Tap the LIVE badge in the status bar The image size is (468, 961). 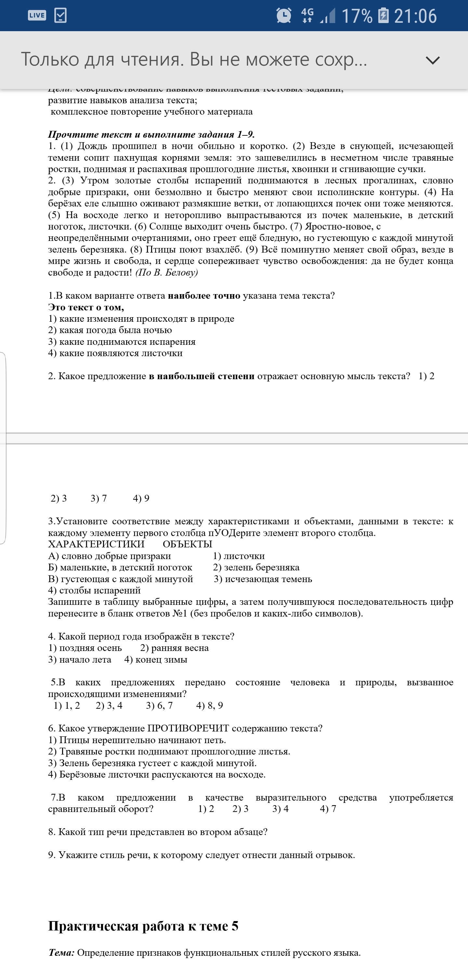point(37,15)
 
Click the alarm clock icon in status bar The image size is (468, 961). point(283,16)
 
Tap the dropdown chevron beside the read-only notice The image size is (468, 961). point(433,60)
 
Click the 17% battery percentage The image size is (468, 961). point(357,16)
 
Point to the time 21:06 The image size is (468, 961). point(415,16)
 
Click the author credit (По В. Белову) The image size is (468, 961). point(167,273)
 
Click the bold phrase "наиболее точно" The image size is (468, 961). point(204,296)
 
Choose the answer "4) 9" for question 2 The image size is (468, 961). point(141,498)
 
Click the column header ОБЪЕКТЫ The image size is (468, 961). point(188,544)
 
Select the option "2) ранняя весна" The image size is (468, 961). point(175,648)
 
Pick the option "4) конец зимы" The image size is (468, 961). point(156,660)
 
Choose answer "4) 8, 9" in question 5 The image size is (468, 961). point(210,705)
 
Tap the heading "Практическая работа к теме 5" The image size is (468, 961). point(143,926)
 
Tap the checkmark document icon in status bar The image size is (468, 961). point(60,15)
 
